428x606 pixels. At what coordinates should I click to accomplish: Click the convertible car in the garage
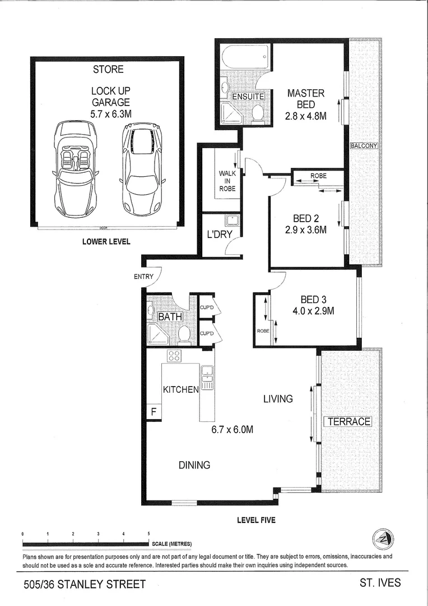(75, 168)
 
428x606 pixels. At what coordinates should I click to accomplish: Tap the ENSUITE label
(248, 97)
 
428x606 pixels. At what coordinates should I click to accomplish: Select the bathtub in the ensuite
(245, 57)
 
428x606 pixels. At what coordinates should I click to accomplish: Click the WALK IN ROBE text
(227, 181)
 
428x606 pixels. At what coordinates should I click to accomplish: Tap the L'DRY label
(219, 235)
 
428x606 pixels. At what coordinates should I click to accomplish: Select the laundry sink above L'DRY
(232, 220)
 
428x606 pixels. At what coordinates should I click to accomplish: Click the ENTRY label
(143, 277)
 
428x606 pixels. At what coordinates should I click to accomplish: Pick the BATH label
(170, 318)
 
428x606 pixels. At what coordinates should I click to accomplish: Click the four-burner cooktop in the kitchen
(174, 356)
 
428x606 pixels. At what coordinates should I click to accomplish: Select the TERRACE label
(348, 421)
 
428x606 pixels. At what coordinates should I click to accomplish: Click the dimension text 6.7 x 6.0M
(232, 430)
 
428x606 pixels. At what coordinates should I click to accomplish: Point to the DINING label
(194, 465)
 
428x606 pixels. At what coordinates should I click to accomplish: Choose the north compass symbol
(383, 540)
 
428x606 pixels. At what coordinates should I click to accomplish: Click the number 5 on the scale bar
(148, 534)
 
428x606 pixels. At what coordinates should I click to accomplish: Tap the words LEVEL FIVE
(256, 520)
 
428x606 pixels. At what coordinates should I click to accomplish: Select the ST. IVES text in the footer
(380, 583)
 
